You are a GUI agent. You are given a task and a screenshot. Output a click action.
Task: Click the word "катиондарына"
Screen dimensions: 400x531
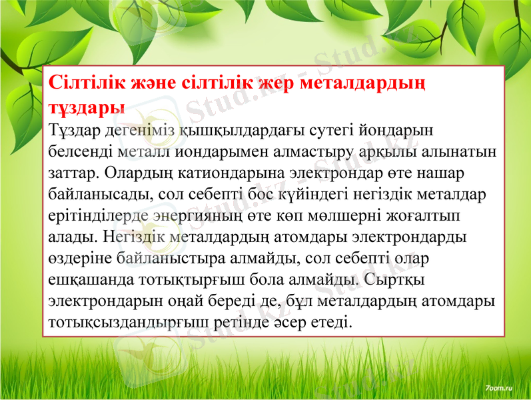coord(226,173)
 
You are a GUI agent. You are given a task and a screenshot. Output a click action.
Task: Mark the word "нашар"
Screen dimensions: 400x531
coord(442,173)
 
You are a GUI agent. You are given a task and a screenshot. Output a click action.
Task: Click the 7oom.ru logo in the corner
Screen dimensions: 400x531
coord(499,387)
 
